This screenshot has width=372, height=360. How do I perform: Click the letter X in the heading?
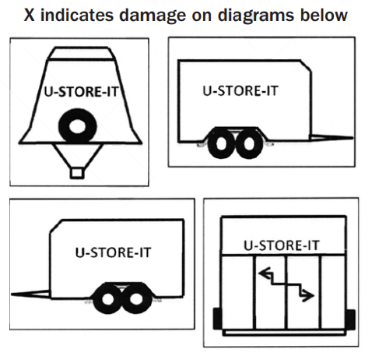pyautogui.click(x=29, y=15)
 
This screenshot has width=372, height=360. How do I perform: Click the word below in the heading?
pyautogui.click(x=324, y=15)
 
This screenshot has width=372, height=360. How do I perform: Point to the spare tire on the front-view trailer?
pyautogui.click(x=78, y=126)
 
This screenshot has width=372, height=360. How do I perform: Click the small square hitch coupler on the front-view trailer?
pyautogui.click(x=77, y=173)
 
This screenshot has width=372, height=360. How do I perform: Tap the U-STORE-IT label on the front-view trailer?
pyautogui.click(x=81, y=92)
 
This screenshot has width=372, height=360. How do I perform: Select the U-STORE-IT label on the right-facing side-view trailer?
pyautogui.click(x=240, y=91)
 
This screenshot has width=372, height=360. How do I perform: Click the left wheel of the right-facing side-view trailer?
pyautogui.click(x=221, y=143)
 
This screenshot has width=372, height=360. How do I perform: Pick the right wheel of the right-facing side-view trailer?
pyautogui.click(x=249, y=143)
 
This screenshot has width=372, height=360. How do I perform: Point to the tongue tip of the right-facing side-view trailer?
pyautogui.click(x=353, y=138)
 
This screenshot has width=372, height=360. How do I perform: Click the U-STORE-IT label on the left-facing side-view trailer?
pyautogui.click(x=113, y=252)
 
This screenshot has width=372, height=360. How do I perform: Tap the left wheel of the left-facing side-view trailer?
pyautogui.click(x=108, y=299)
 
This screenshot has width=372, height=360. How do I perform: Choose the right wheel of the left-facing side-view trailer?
pyautogui.click(x=136, y=299)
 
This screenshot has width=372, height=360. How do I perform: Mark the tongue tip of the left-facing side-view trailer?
pyautogui.click(x=12, y=295)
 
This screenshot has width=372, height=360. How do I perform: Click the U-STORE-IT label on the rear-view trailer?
pyautogui.click(x=282, y=245)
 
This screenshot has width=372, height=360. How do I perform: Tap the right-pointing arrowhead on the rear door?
pyautogui.click(x=308, y=295)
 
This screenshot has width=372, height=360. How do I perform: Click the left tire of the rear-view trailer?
pyautogui.click(x=217, y=319)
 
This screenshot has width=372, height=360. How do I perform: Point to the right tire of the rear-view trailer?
pyautogui.click(x=351, y=319)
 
